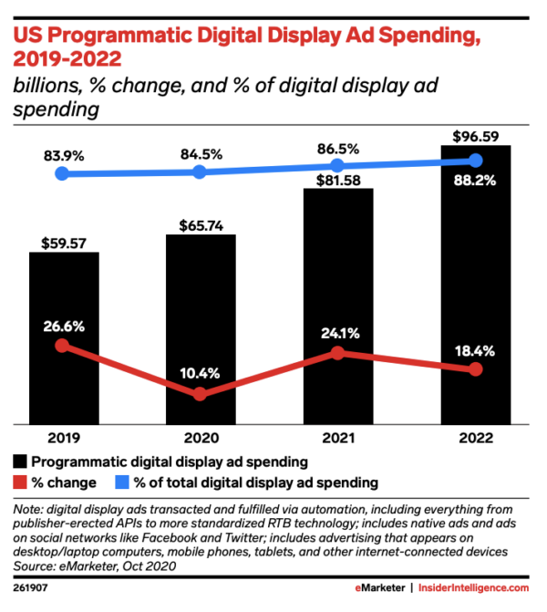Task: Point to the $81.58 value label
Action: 337,178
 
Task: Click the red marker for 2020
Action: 201,394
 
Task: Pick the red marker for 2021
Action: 337,352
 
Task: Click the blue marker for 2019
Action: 62,173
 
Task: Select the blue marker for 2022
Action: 475,161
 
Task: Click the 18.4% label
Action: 474,350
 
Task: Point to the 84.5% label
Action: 201,152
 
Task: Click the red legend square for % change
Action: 20,482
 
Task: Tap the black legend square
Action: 20,462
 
